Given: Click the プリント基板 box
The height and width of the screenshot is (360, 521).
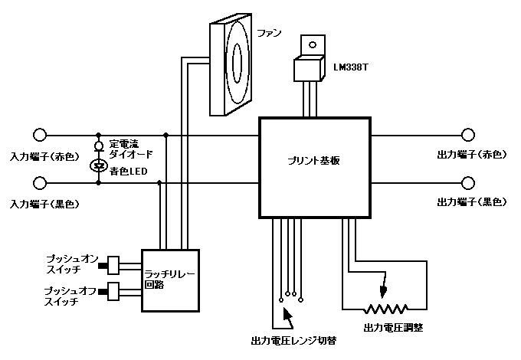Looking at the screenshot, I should (315, 168).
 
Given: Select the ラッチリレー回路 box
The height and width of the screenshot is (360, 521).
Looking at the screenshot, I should (171, 280).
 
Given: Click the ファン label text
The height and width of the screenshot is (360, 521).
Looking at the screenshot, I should (270, 34).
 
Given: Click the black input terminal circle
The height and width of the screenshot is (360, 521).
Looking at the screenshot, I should (39, 184).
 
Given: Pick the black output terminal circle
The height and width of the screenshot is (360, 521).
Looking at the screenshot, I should (469, 184).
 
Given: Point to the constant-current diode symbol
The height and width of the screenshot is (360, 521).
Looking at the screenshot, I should (98, 146).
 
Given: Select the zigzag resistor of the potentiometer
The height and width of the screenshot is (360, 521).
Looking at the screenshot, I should (385, 310).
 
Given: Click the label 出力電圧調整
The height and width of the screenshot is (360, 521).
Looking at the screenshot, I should (393, 328).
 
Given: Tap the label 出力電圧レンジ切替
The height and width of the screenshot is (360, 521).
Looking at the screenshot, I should (294, 339).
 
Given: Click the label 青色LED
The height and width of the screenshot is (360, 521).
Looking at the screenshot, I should (129, 172).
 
